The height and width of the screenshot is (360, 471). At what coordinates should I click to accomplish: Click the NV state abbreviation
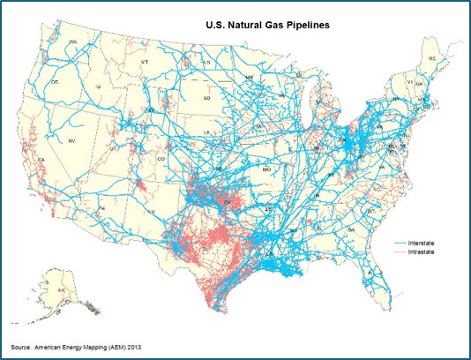point(70,141)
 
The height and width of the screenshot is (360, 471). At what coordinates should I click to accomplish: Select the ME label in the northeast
point(431,57)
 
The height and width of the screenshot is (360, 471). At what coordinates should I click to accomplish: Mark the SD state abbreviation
point(206,98)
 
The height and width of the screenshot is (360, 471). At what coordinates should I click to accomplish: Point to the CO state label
point(160,159)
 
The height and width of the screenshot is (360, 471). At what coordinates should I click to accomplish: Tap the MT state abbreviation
point(143,63)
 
